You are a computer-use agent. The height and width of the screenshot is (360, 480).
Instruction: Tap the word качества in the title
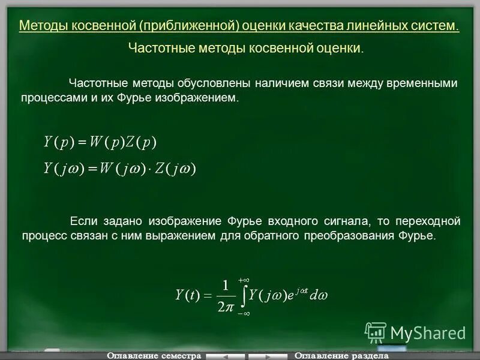tap(314, 26)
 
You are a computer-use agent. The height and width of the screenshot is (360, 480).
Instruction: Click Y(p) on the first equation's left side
tap(58, 142)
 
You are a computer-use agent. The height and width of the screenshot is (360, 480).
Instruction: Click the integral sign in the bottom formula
tap(243, 296)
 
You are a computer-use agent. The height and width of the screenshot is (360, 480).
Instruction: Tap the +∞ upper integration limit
tap(244, 280)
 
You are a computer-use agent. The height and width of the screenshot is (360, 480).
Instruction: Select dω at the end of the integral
tap(319, 295)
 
